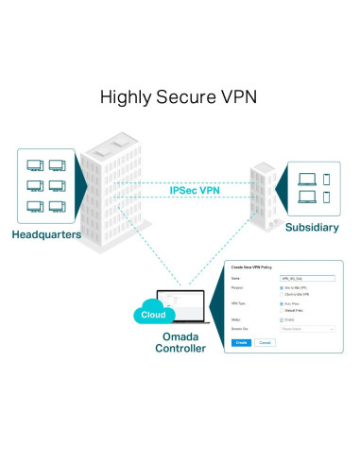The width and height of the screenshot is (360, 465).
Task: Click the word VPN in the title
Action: (239, 96)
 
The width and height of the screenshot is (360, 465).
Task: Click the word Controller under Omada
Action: (180, 348)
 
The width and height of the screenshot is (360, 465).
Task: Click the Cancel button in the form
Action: (265, 342)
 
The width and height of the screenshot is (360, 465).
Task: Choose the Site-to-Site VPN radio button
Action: (282, 287)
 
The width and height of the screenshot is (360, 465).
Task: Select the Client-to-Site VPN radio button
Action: (282, 294)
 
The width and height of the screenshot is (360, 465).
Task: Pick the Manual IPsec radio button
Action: (282, 310)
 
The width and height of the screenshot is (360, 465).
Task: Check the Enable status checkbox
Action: (282, 319)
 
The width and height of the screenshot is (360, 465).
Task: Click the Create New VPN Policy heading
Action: (251, 267)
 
